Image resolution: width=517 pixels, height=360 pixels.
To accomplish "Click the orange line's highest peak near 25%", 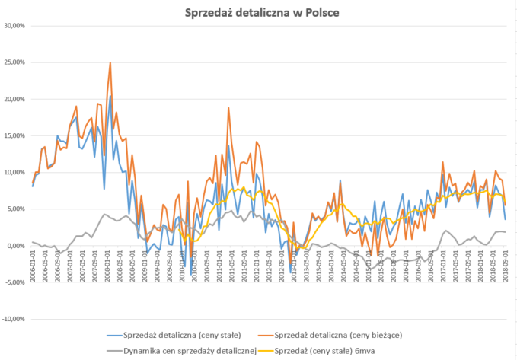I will (110, 62).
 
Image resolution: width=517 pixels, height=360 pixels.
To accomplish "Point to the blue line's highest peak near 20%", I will (110, 96).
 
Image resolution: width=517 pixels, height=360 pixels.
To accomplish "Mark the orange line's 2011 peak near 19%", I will (228, 108).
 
